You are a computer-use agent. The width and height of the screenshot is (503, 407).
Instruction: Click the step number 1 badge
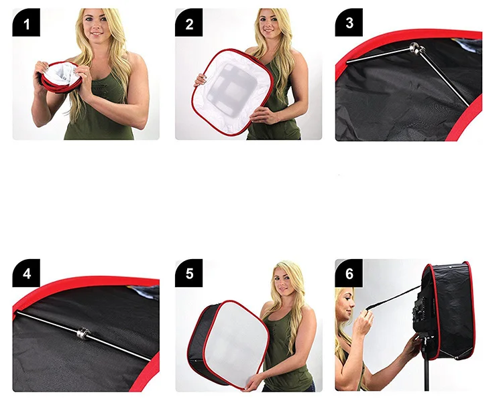(x=26, y=24)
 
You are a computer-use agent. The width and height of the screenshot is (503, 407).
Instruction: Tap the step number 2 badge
(x=189, y=24)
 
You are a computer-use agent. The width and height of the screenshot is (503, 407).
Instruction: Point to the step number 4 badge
(x=26, y=274)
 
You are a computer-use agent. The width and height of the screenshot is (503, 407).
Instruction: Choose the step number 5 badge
(x=189, y=274)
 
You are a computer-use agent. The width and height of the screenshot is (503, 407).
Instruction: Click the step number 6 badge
(x=349, y=274)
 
